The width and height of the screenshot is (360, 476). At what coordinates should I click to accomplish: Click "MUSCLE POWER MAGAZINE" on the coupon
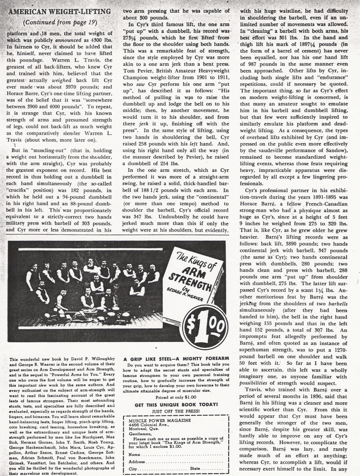[160, 420]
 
